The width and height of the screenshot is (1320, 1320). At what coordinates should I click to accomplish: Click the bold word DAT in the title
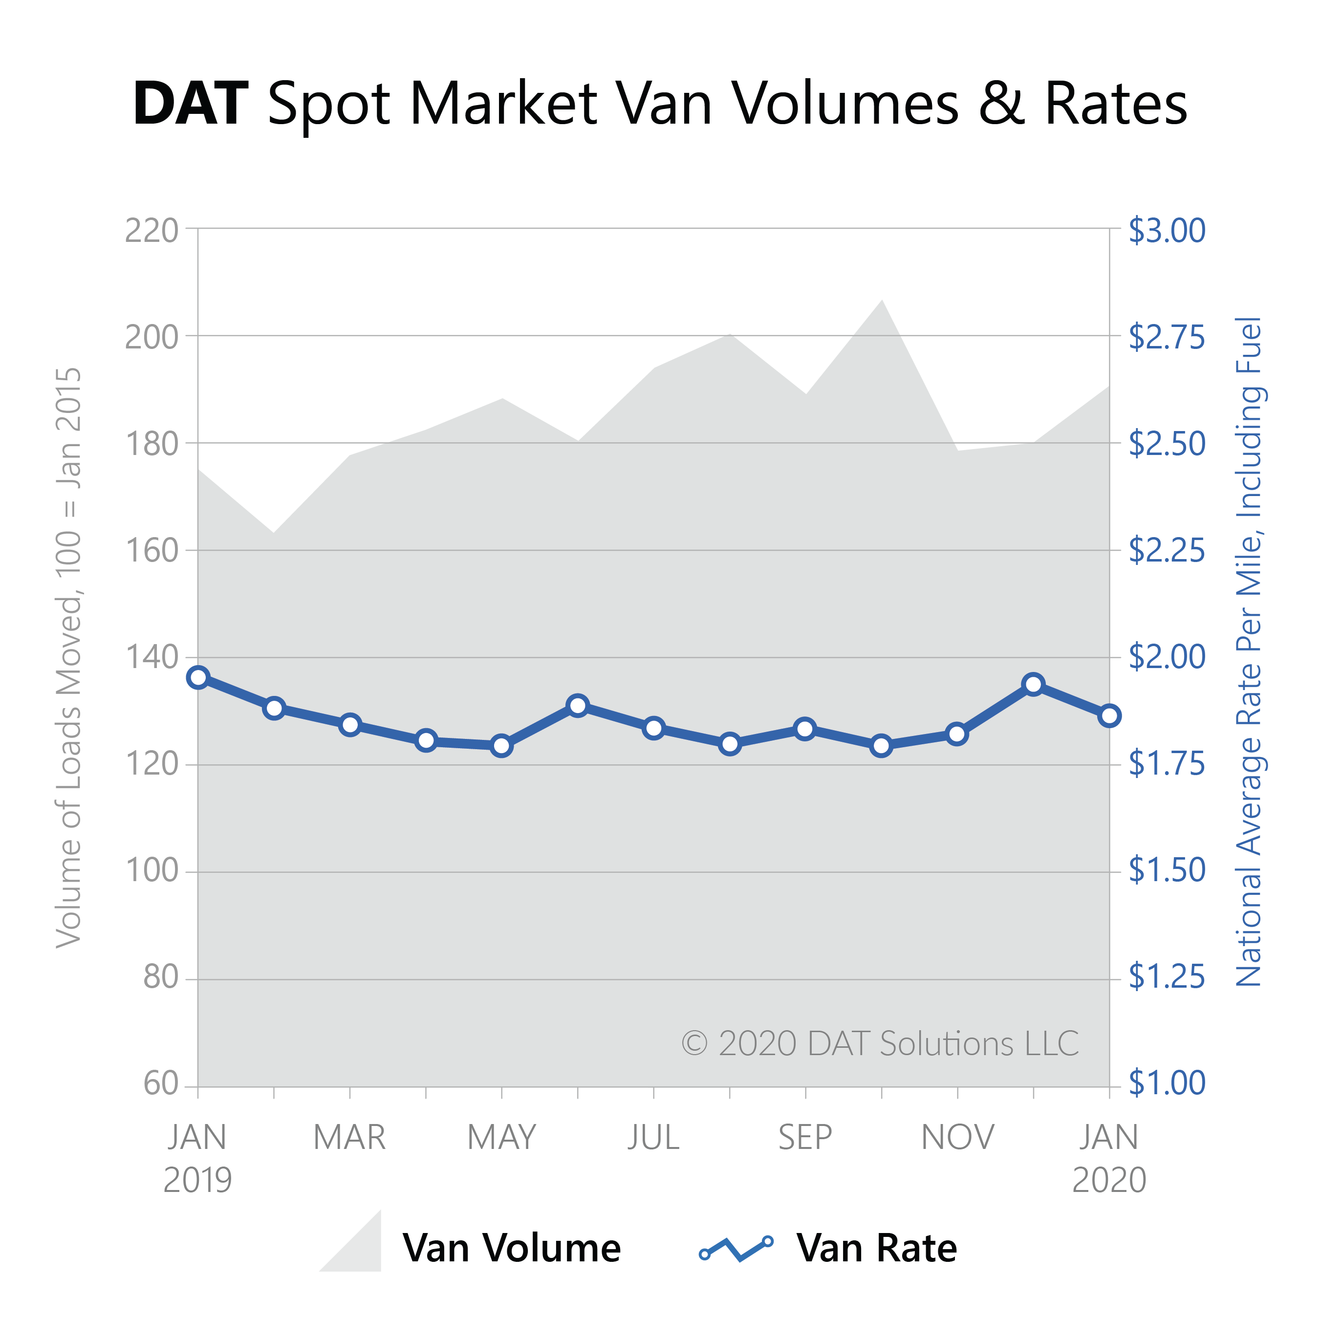190,104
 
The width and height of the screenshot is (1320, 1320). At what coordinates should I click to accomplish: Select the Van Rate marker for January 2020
1109,716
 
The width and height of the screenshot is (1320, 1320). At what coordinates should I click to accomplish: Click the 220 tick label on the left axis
151,231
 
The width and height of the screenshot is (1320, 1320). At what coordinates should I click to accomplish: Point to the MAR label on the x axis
350,1138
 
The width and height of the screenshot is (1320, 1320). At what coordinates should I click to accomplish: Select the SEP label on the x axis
805,1138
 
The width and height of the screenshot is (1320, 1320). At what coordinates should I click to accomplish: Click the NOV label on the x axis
958,1138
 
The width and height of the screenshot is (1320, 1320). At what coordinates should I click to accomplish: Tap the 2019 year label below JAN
197,1180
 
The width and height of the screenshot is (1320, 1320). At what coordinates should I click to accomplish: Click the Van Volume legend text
512,1248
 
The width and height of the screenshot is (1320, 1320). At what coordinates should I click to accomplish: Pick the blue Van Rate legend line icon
736,1248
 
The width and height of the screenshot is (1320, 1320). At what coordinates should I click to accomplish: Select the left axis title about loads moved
69,657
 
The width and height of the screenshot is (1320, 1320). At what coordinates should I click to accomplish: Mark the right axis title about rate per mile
1249,652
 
